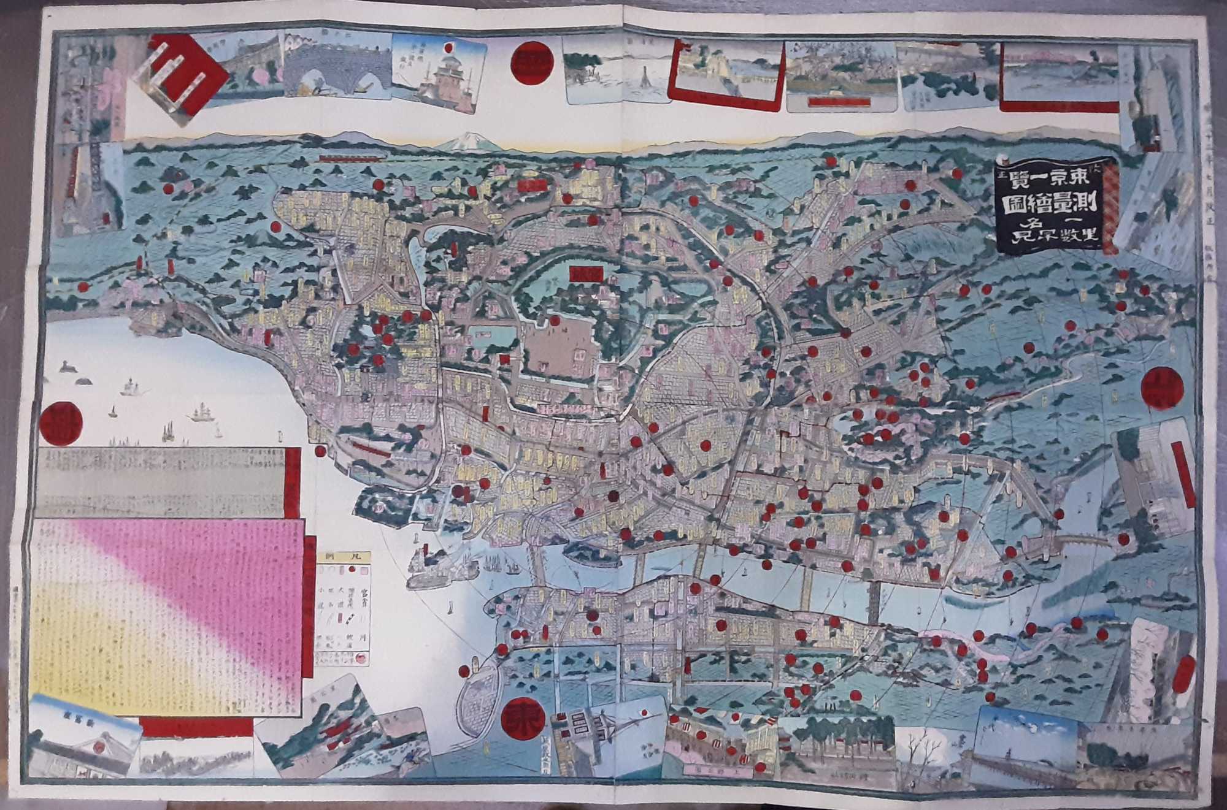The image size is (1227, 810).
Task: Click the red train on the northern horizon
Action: [x=351, y=157]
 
